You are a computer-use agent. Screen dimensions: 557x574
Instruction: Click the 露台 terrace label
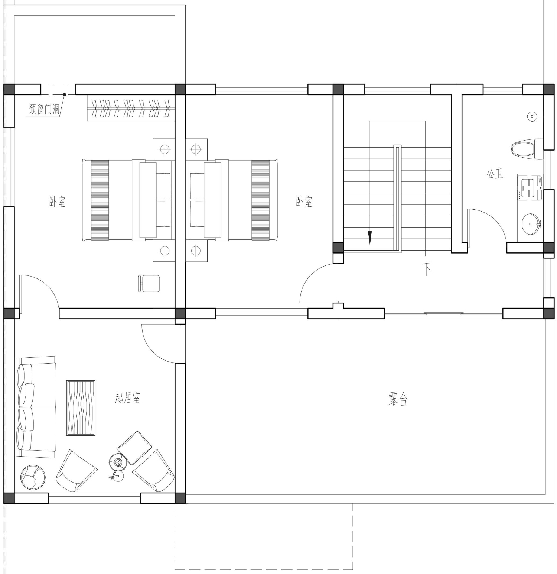[398, 399]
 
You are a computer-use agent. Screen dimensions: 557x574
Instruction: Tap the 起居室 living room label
[127, 398]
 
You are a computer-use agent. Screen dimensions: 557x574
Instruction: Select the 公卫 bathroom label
[495, 173]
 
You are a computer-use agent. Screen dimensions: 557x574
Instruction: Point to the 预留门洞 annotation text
[44, 109]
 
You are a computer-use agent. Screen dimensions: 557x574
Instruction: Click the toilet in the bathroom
[527, 149]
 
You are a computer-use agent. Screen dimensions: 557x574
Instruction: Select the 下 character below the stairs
[427, 269]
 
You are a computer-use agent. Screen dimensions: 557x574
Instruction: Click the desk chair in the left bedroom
[149, 283]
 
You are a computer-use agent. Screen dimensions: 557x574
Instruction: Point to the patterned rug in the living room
[81, 408]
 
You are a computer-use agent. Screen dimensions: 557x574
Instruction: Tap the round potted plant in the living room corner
[33, 477]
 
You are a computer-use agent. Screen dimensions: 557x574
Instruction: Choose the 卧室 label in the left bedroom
[57, 202]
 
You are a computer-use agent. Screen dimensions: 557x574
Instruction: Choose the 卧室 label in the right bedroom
[304, 202]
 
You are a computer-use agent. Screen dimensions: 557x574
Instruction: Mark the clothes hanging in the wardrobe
[131, 108]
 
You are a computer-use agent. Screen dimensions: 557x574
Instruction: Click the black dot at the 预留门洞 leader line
[64, 95]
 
